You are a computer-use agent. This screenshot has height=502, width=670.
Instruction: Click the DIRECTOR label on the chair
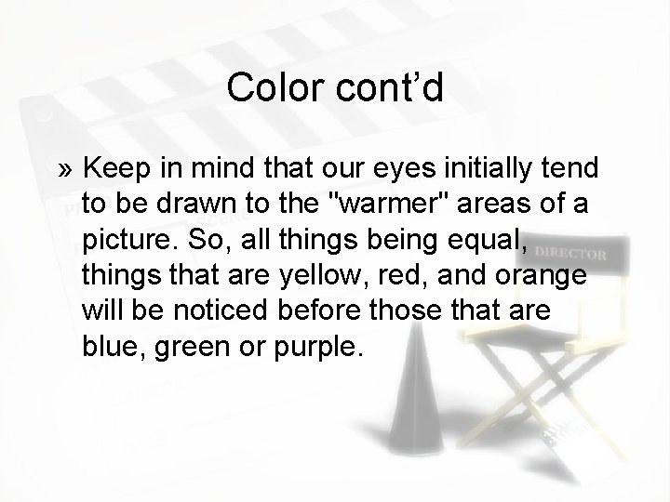pos(572,253)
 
